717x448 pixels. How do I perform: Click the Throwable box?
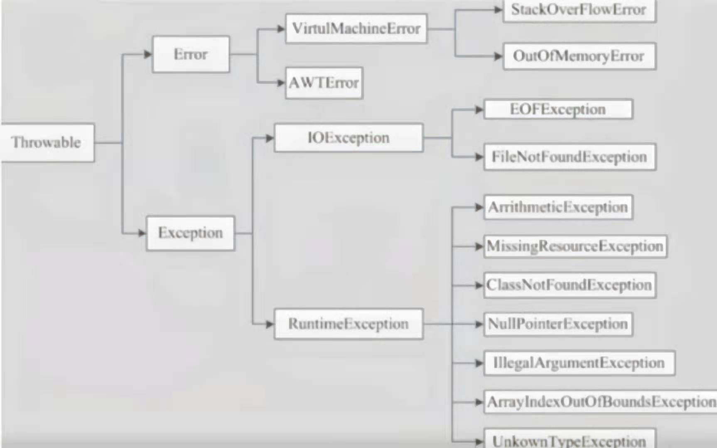[47, 142]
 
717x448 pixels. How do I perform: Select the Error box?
[191, 54]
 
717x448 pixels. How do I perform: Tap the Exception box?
[190, 233]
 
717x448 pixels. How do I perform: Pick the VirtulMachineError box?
[356, 29]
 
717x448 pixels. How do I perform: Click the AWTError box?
[324, 83]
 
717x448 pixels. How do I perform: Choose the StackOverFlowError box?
[579, 10]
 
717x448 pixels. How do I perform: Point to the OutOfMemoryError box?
[579, 56]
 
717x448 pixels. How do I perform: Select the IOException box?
[349, 138]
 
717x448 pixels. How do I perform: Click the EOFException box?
[558, 110]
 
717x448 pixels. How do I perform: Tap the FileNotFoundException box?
[570, 157]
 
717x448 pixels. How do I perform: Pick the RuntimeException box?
[349, 324]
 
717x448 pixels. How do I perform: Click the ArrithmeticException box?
[558, 207]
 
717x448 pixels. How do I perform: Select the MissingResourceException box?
[575, 246]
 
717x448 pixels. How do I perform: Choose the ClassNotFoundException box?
[570, 285]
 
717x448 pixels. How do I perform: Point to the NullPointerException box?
[558, 324]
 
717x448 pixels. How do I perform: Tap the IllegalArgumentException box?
[579, 363]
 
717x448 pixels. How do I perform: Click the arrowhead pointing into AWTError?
[281, 83]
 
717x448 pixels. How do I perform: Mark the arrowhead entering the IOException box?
[270, 138]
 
